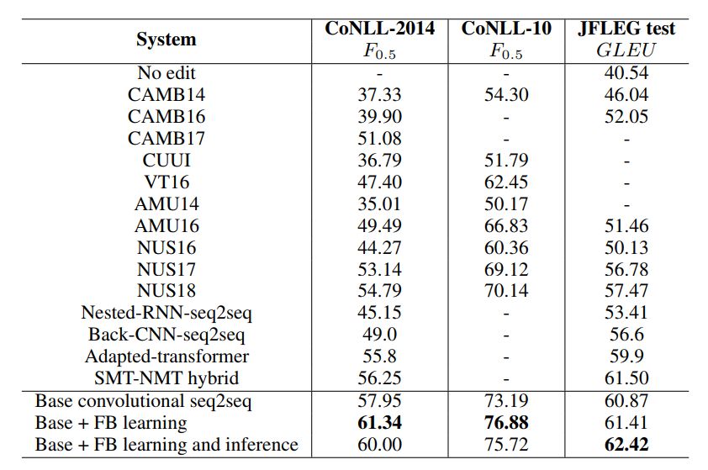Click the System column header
(166, 40)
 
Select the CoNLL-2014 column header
(380, 29)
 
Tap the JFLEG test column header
(626, 29)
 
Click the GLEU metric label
(626, 50)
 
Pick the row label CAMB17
(166, 138)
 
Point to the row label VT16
(166, 182)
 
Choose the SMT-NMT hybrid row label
(166, 378)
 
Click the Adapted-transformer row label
(166, 356)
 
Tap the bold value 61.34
(380, 422)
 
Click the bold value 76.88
(507, 422)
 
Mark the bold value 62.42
(626, 444)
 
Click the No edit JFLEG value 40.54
(626, 72)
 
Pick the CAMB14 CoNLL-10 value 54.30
(507, 94)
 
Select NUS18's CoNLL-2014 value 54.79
(380, 291)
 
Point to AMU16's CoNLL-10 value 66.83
(507, 225)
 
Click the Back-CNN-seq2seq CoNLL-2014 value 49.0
(380, 335)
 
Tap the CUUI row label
(166, 160)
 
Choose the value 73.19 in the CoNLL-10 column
(507, 401)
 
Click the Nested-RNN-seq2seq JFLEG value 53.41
(626, 313)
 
